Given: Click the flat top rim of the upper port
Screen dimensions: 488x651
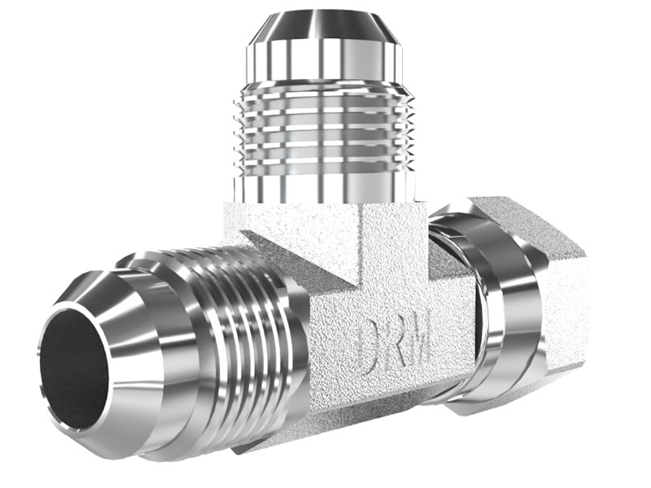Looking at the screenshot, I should click(x=325, y=14).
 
